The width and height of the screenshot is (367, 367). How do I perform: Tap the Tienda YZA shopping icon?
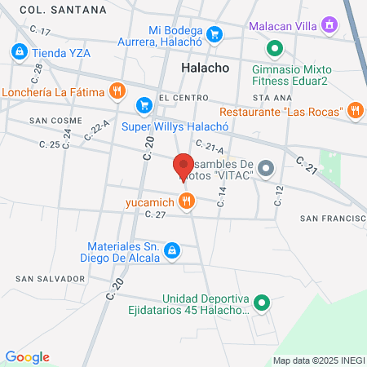(18, 52)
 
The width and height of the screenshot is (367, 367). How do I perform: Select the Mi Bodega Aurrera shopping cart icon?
(214, 33)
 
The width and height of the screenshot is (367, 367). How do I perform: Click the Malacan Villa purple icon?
(329, 25)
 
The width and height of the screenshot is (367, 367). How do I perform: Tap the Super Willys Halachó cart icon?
(144, 104)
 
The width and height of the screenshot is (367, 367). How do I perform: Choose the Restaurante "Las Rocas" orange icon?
(354, 110)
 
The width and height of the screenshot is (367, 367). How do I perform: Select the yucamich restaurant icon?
(188, 200)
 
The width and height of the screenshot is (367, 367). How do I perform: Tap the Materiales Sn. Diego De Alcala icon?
(172, 250)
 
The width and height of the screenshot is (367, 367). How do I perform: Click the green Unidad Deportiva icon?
(261, 304)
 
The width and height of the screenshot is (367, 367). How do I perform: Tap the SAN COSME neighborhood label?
(52, 120)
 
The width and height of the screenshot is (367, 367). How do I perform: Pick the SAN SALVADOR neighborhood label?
(50, 278)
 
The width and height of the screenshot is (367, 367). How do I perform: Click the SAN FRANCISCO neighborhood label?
(333, 219)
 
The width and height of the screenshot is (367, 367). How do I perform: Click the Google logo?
(27, 356)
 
